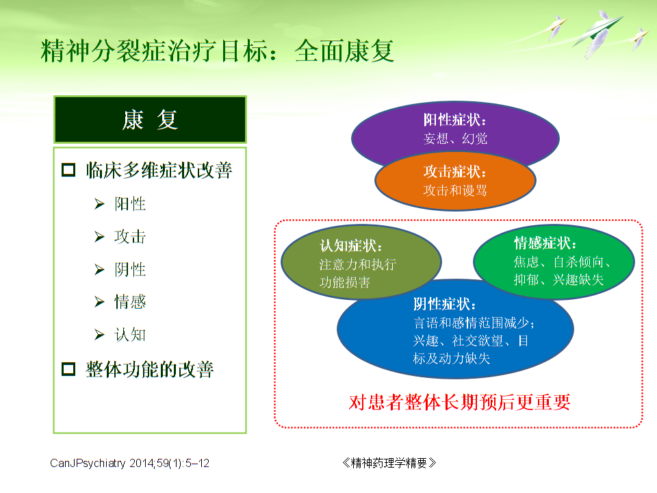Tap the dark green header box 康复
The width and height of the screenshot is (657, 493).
click(x=150, y=120)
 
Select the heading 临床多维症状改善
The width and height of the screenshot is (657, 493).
click(x=159, y=170)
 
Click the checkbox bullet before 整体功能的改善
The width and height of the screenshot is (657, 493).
click(x=68, y=370)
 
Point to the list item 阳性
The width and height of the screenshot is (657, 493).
click(x=130, y=204)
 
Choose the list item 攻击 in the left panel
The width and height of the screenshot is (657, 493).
click(x=130, y=237)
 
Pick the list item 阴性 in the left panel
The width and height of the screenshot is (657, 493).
click(x=130, y=270)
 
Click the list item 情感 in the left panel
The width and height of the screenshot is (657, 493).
click(x=130, y=302)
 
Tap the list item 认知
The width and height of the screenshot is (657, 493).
click(x=130, y=335)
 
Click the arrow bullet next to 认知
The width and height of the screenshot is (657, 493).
click(x=99, y=335)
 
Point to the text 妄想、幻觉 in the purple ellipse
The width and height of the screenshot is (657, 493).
click(x=455, y=138)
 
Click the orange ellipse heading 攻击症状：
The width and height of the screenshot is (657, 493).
click(x=455, y=172)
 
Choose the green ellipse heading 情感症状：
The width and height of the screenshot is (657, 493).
click(x=545, y=244)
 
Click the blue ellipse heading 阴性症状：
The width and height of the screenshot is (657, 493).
click(x=445, y=305)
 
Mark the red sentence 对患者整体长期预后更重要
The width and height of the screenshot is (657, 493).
click(x=459, y=402)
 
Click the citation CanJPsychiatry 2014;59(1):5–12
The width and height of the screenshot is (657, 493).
click(x=130, y=464)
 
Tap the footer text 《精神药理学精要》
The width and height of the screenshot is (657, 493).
click(x=388, y=464)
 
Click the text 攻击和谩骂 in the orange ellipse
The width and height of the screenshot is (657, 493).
click(x=455, y=190)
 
